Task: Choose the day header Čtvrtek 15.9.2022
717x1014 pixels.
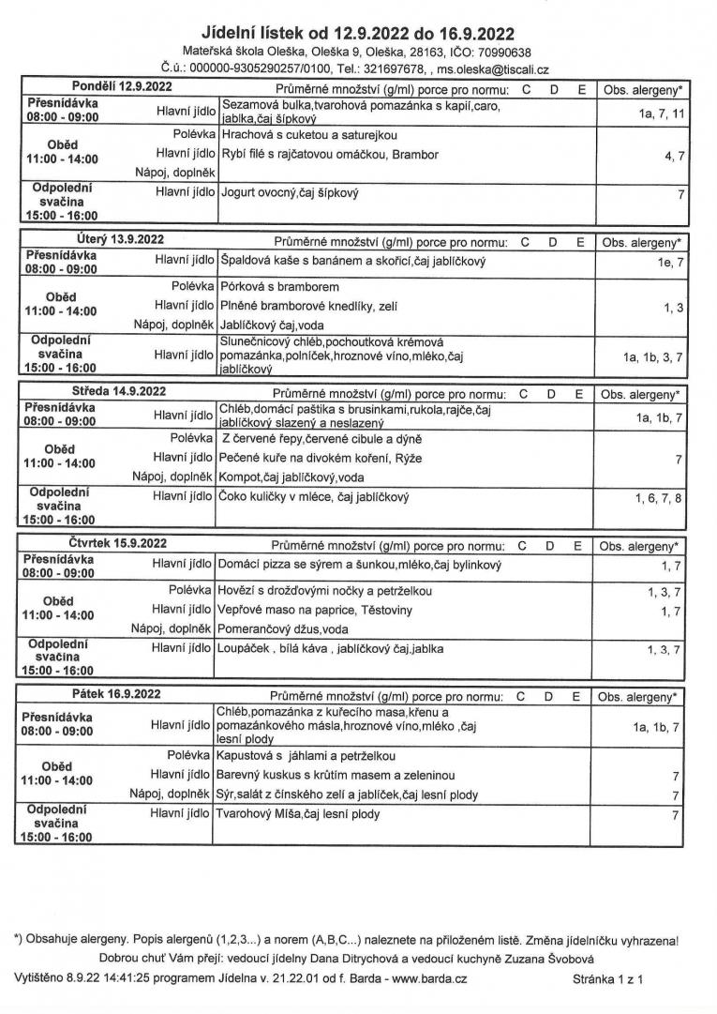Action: pos(117,543)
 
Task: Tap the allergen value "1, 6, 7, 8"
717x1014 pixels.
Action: pos(658,498)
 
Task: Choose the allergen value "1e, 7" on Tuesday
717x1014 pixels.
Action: pos(671,264)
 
